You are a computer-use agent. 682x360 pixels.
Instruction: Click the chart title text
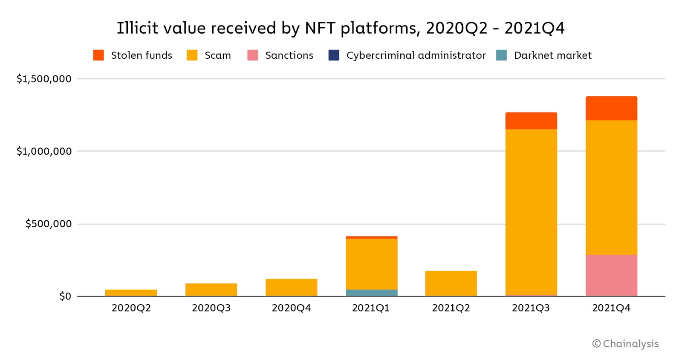(x=341, y=28)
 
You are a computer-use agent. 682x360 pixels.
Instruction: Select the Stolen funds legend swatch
(x=98, y=55)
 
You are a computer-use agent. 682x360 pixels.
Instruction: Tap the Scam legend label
(x=217, y=55)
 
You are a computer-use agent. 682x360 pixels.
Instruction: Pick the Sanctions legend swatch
(x=253, y=55)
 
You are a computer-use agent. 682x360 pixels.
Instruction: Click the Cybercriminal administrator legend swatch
(x=334, y=55)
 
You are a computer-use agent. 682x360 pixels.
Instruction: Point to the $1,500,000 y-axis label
(x=44, y=79)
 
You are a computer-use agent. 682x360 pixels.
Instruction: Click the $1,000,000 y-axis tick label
(x=44, y=151)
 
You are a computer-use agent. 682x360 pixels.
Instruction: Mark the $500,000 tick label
(x=48, y=224)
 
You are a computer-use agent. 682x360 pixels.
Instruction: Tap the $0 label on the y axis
(x=65, y=296)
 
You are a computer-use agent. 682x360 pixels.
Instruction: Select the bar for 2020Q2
(x=131, y=293)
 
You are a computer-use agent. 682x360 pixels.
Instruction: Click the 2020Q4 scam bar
(x=291, y=288)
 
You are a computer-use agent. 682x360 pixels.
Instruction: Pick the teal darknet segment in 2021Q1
(x=371, y=293)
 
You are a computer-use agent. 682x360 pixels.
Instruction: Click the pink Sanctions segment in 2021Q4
(x=611, y=275)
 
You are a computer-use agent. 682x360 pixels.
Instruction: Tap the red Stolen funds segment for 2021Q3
(x=531, y=121)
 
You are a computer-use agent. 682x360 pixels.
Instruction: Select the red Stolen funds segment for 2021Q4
(x=611, y=108)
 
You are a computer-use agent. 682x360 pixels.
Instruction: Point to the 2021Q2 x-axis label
(x=451, y=308)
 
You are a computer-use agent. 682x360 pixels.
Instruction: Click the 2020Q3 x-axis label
(x=211, y=308)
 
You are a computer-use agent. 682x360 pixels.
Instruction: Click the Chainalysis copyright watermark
(x=625, y=344)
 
